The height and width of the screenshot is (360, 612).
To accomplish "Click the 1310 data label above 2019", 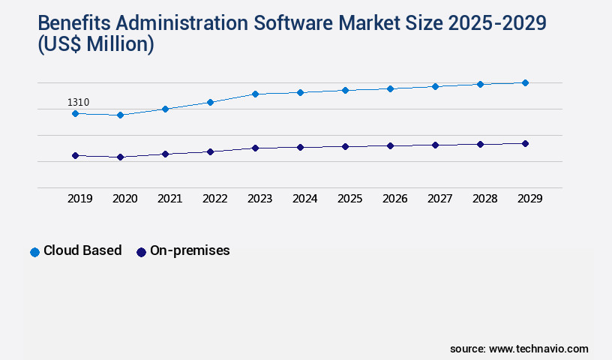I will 79,102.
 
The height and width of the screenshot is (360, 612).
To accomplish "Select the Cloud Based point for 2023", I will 255,94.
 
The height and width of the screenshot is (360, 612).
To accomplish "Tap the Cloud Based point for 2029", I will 525,82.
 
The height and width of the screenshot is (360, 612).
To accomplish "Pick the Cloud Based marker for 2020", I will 120,115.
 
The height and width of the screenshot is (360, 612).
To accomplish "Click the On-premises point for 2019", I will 75,155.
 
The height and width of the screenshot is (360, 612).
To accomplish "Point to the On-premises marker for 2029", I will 525,143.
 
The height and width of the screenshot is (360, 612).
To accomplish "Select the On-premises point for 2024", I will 300,147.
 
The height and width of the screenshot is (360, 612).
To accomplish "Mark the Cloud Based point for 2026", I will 390,88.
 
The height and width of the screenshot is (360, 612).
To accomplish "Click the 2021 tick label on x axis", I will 169,199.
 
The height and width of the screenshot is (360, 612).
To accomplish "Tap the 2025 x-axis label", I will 349,199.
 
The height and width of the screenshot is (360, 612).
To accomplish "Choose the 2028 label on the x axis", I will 484,199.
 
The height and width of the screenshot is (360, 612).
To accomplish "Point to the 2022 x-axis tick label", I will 214,199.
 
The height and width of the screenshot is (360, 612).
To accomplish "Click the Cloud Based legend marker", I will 34,252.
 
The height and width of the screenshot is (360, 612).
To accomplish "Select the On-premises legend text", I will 190,251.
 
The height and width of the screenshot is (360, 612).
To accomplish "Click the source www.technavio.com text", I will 519,349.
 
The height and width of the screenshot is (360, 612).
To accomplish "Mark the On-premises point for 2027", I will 435,145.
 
